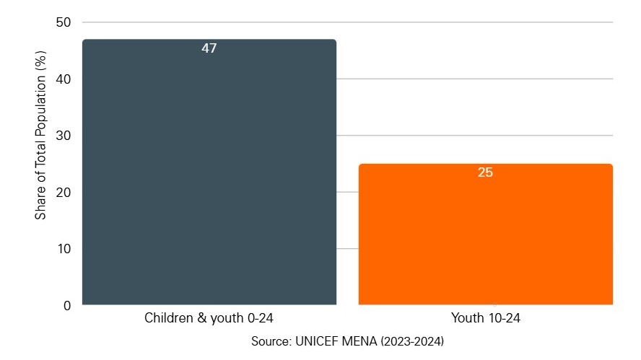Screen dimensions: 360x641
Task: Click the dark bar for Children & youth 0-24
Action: pyautogui.click(x=209, y=173)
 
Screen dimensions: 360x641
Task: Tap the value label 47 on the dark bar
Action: pyautogui.click(x=209, y=49)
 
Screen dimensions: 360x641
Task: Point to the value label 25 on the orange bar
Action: pyautogui.click(x=485, y=173)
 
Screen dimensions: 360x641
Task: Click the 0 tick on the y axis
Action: pyautogui.click(x=66, y=305)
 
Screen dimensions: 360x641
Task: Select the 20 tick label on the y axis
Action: pyautogui.click(x=64, y=193)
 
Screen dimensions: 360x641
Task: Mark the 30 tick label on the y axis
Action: pyautogui.click(x=64, y=136)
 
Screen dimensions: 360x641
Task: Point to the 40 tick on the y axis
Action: pyautogui.click(x=64, y=79)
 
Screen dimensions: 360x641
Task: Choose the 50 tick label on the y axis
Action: pyautogui.click(x=64, y=22)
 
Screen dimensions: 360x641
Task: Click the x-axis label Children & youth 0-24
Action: pyautogui.click(x=209, y=318)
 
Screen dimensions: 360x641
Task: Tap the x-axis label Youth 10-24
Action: pyautogui.click(x=485, y=318)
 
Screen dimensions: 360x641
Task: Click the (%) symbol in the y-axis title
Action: pyautogui.click(x=41, y=60)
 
